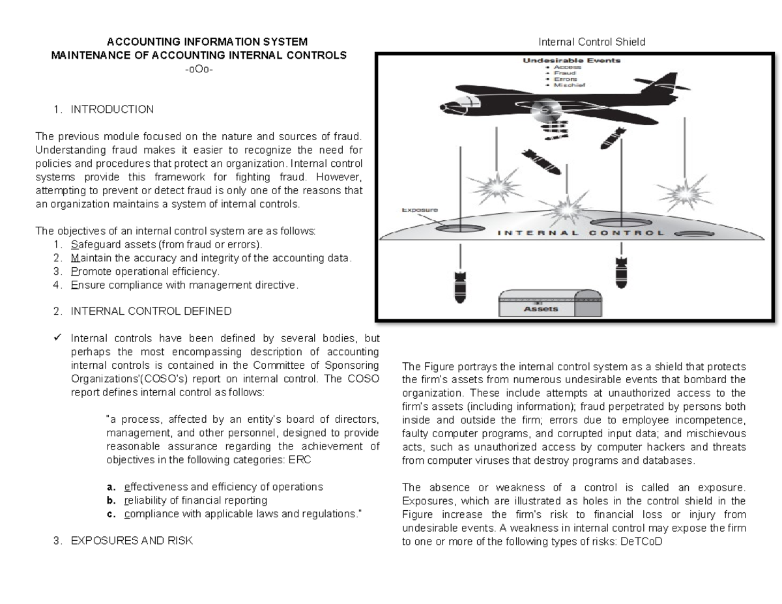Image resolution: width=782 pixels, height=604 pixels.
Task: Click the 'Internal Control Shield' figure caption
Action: tap(591, 42)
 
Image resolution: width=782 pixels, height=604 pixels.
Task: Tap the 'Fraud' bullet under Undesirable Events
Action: tap(564, 73)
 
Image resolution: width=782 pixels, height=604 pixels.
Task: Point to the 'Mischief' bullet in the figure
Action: tap(566, 85)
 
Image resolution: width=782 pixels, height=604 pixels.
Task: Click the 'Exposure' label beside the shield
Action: tap(418, 210)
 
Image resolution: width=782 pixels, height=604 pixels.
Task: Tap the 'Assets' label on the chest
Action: tap(540, 308)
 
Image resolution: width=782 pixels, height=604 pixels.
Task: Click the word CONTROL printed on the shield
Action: tap(627, 233)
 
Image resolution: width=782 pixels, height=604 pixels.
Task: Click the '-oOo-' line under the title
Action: tap(199, 70)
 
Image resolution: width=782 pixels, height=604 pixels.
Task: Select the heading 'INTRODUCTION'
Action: tap(112, 109)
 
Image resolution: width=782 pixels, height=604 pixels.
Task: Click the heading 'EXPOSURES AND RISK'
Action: tap(132, 541)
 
